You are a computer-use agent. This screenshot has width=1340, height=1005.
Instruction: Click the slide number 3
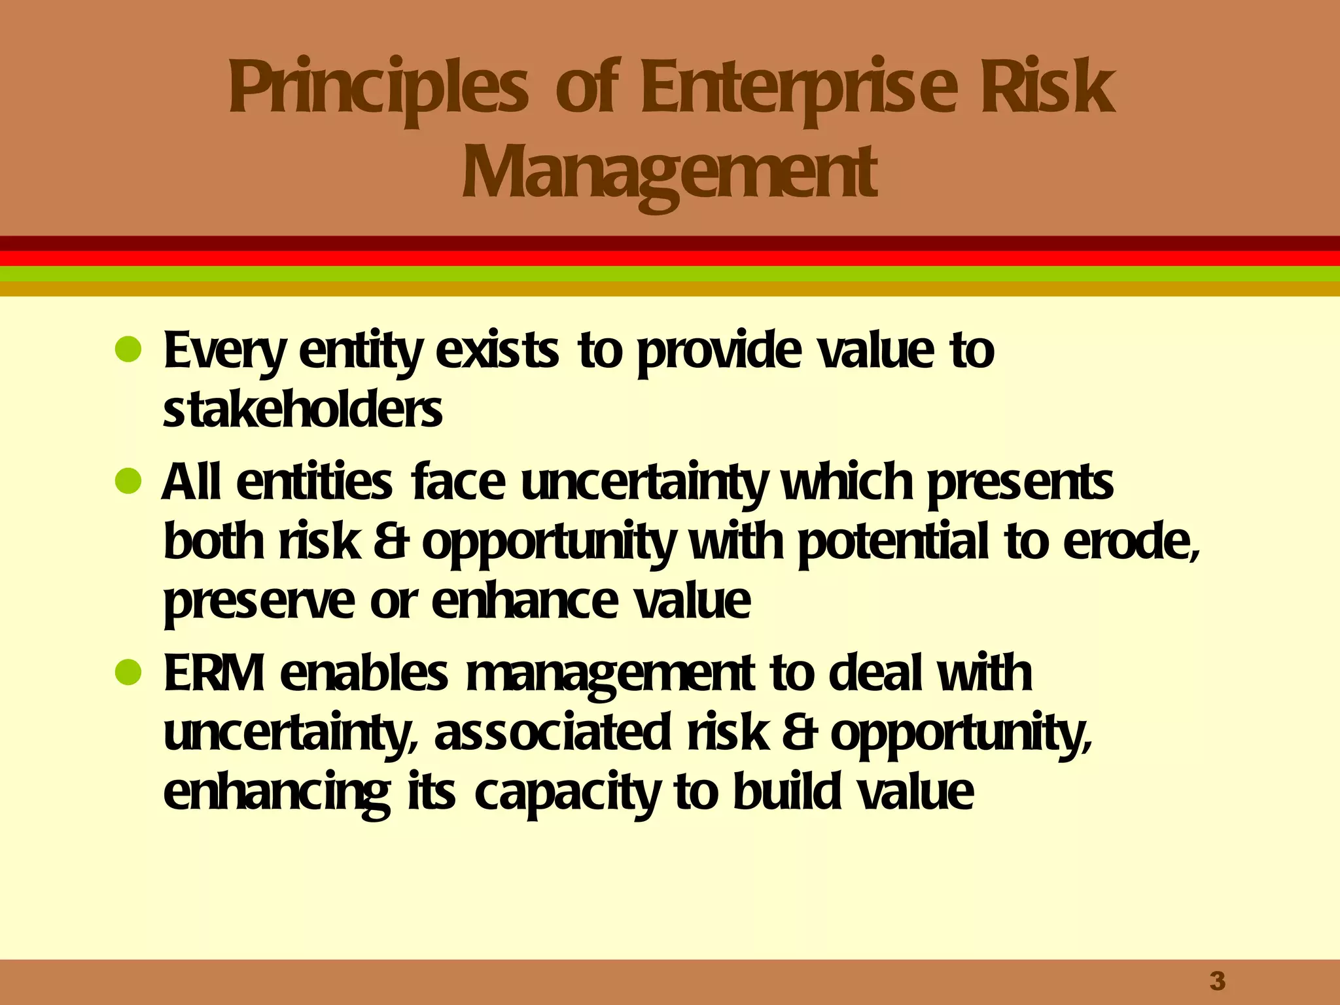1217,981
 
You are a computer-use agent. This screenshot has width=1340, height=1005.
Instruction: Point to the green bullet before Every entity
128,351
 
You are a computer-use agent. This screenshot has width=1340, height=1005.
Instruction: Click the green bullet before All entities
128,482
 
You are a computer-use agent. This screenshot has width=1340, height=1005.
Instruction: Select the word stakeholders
302,410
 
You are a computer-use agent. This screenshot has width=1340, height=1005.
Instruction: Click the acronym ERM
214,673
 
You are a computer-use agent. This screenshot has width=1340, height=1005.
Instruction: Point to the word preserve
258,601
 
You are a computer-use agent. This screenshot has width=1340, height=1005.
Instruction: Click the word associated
552,733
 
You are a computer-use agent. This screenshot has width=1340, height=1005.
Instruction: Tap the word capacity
567,792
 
